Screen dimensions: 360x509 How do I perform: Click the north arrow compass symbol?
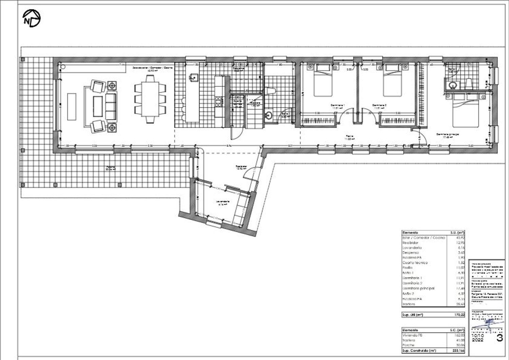click(31, 18)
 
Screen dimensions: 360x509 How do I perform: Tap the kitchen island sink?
click(194, 78)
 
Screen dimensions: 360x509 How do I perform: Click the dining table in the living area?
click(150, 98)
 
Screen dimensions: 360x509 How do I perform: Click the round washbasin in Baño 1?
click(268, 115)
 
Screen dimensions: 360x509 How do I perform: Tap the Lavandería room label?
click(223, 203)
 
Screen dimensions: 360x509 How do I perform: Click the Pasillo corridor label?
click(349, 137)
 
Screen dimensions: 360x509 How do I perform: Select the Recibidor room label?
click(241, 167)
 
